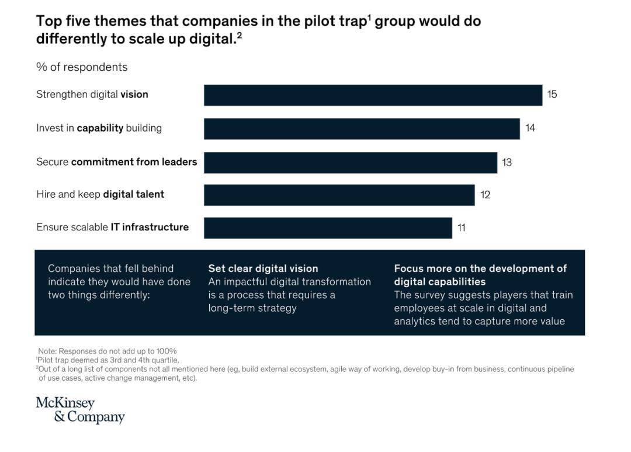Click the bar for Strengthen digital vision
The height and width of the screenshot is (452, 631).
tap(373, 95)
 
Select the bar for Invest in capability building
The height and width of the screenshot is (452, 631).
tap(362, 129)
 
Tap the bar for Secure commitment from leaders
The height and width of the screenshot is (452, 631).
tap(351, 163)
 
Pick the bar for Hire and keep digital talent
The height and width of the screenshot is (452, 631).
tap(339, 195)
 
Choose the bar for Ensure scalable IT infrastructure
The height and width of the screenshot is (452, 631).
tap(328, 228)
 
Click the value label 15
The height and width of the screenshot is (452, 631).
tap(552, 94)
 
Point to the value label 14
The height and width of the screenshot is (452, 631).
tap(530, 128)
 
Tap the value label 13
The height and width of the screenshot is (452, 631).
tap(507, 163)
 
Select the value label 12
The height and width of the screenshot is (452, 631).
tap(485, 195)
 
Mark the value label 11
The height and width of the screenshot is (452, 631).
tap(461, 228)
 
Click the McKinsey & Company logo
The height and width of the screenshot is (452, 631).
tap(81, 410)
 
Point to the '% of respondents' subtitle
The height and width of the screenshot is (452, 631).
tap(82, 67)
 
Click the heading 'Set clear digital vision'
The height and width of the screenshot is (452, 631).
tap(263, 269)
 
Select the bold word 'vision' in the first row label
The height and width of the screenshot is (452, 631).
tap(134, 94)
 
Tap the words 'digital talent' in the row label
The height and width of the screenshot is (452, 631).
tap(134, 194)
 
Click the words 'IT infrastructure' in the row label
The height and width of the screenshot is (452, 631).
tap(150, 227)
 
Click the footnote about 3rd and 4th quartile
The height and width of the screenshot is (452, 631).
tap(108, 360)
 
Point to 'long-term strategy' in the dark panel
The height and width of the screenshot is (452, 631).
tap(252, 308)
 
